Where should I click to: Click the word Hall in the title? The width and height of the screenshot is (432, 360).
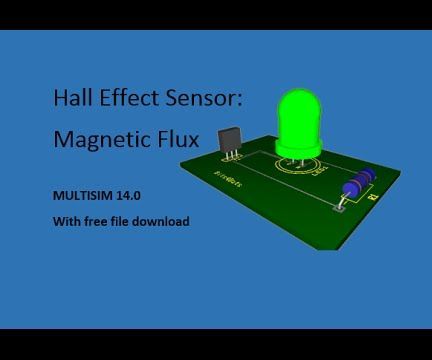pyautogui.click(x=70, y=98)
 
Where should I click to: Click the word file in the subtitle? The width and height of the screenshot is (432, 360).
pyautogui.click(x=120, y=221)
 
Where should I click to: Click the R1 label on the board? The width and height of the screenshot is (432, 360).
pyautogui.click(x=373, y=198)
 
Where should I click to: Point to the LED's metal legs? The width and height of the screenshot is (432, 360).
pyautogui.click(x=295, y=163)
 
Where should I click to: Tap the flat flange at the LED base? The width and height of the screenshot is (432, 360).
pyautogui.click(x=299, y=151)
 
